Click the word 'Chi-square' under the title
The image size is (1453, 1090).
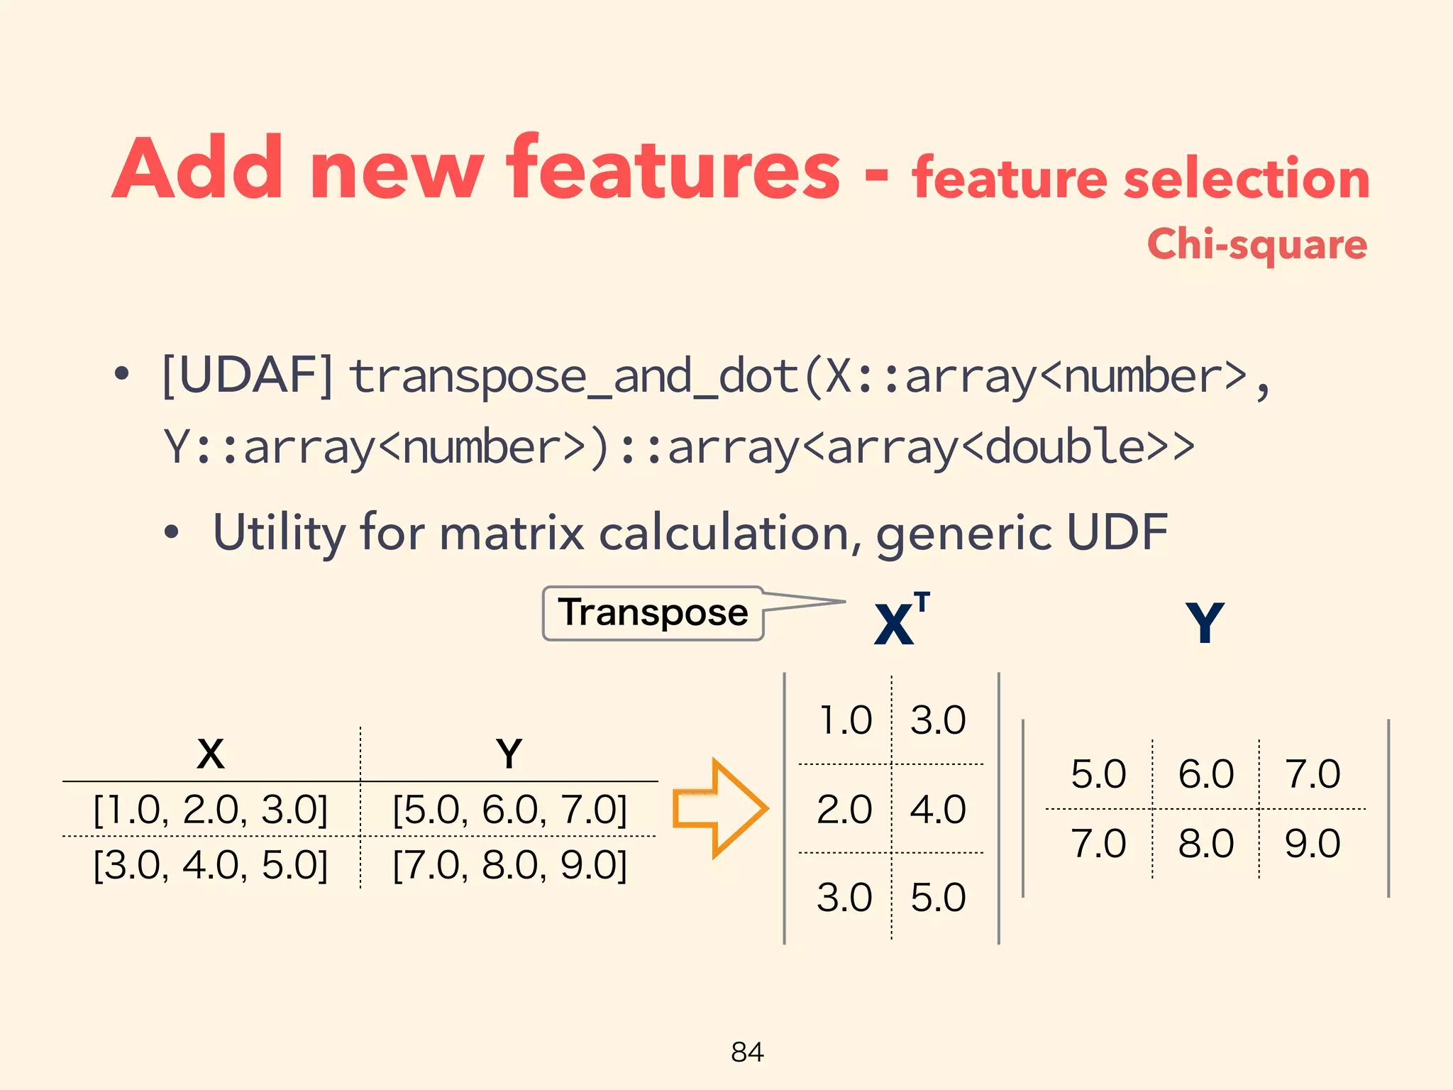pos(1256,245)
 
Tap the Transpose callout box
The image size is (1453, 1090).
pos(653,613)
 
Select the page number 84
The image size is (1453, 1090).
pos(747,1052)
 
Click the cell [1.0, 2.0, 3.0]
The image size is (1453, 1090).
pos(211,809)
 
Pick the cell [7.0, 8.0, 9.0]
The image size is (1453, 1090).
pos(509,865)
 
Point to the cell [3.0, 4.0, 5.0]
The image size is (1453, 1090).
pos(211,865)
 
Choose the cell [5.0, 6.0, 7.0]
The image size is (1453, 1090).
pos(509,809)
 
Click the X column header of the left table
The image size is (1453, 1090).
pos(211,754)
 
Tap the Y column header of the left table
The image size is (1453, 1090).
pos(509,754)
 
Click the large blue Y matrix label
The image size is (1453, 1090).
pos(1205,623)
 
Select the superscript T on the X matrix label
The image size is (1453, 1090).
pos(922,602)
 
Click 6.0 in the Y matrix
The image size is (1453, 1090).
pos(1205,774)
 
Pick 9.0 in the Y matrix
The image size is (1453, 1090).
pos(1312,843)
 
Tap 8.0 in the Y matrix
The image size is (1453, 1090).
pos(1205,843)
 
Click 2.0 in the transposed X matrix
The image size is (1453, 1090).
pos(844,809)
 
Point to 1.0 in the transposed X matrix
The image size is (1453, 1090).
pos(844,720)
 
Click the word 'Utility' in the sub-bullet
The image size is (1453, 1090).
pos(279,532)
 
